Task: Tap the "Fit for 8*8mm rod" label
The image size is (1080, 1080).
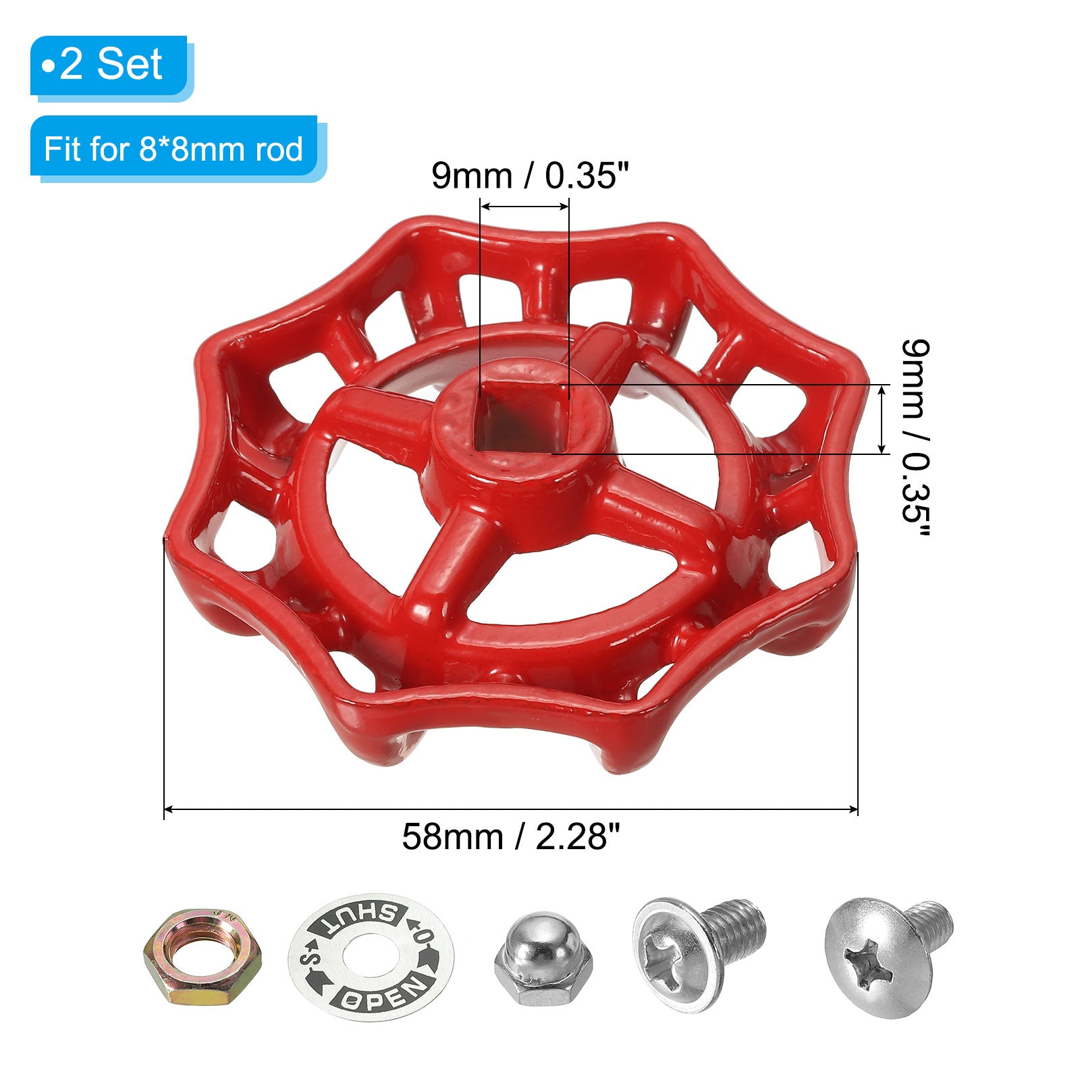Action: click(174, 148)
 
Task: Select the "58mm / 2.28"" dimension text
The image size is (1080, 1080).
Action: click(510, 837)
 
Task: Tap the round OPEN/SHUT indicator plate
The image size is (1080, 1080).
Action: click(371, 957)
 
